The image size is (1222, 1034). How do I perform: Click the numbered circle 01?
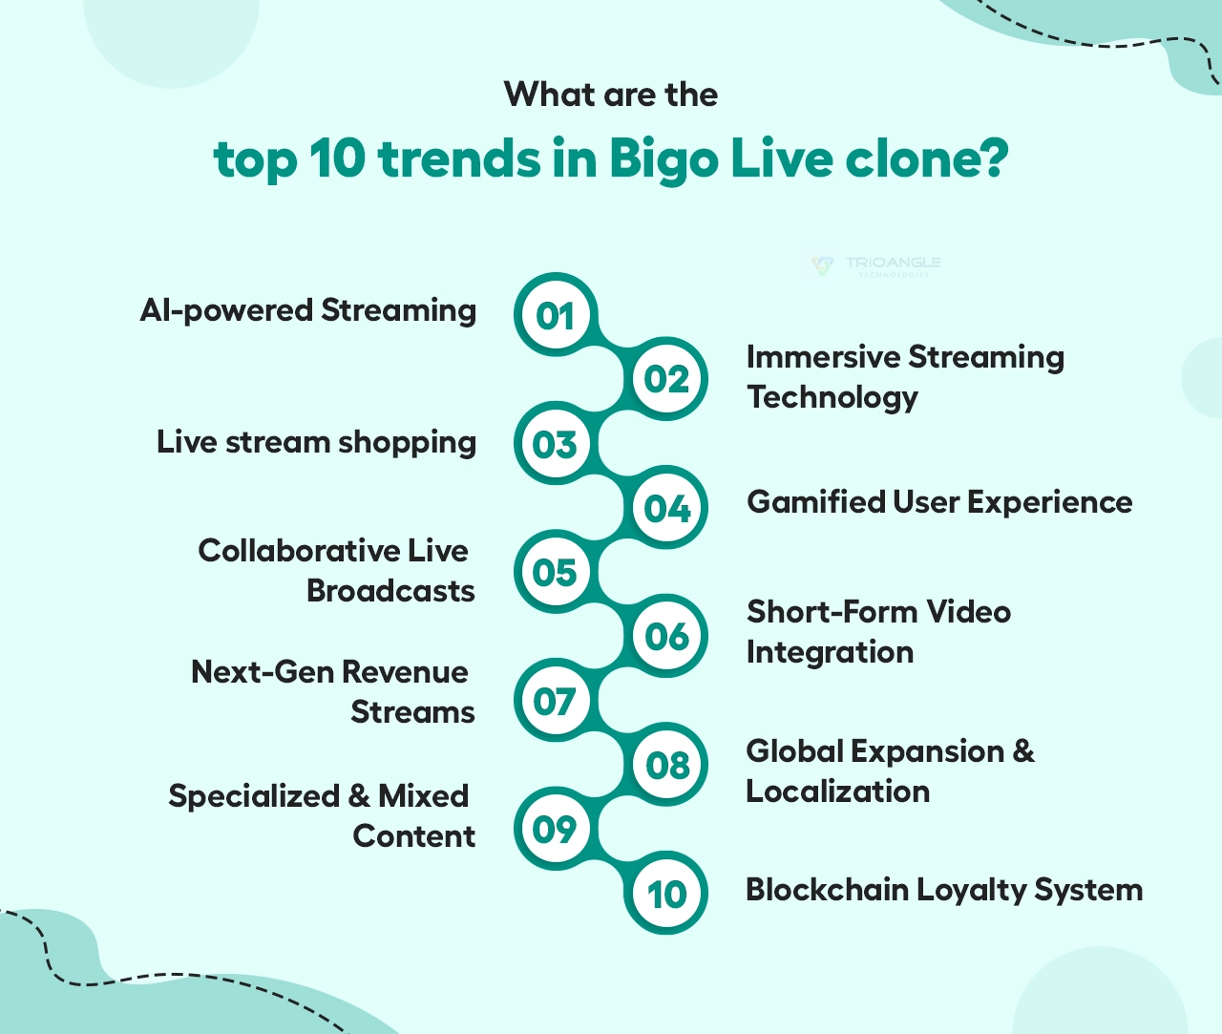click(555, 316)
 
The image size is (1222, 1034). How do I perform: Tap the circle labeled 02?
click(666, 379)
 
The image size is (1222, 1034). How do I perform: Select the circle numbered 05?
click(555, 572)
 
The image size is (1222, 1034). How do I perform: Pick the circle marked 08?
click(666, 765)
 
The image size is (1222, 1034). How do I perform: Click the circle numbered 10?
click(666, 894)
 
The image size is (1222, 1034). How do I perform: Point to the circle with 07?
click(555, 702)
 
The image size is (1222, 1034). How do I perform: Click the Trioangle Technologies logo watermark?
click(875, 264)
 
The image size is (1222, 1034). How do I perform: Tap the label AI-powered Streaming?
click(307, 310)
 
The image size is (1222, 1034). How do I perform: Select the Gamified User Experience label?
click(939, 502)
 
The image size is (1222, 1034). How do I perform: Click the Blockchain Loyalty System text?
click(943, 890)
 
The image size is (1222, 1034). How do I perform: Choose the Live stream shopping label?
click(316, 442)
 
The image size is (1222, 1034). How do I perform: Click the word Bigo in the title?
click(663, 158)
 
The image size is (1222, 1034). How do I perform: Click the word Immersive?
click(822, 357)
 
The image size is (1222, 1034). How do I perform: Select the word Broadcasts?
click(390, 591)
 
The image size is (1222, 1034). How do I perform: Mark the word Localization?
click(837, 791)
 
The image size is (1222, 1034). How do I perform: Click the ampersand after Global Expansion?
click(1023, 751)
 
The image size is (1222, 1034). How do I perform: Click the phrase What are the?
click(611, 95)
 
